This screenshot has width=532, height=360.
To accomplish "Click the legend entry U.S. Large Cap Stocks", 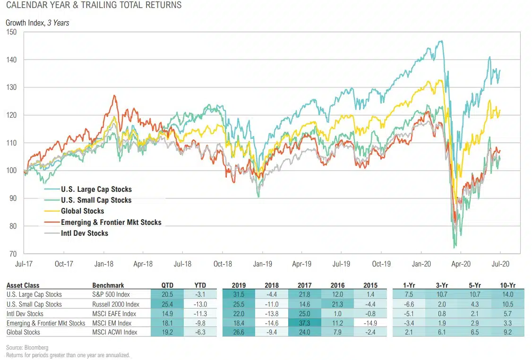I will tap(96, 189).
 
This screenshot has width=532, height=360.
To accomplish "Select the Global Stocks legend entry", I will tap(82, 211).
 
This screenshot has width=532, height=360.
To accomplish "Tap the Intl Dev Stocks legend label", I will tap(84, 233).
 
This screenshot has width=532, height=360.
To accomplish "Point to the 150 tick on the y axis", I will tap(11, 32).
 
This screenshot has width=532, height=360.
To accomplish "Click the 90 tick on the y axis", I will tap(13, 198).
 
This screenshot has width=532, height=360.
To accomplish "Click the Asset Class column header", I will tap(23, 285).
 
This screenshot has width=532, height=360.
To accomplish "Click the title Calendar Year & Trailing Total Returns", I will tap(94, 6).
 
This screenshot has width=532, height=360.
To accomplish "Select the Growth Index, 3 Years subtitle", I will tap(37, 23).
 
